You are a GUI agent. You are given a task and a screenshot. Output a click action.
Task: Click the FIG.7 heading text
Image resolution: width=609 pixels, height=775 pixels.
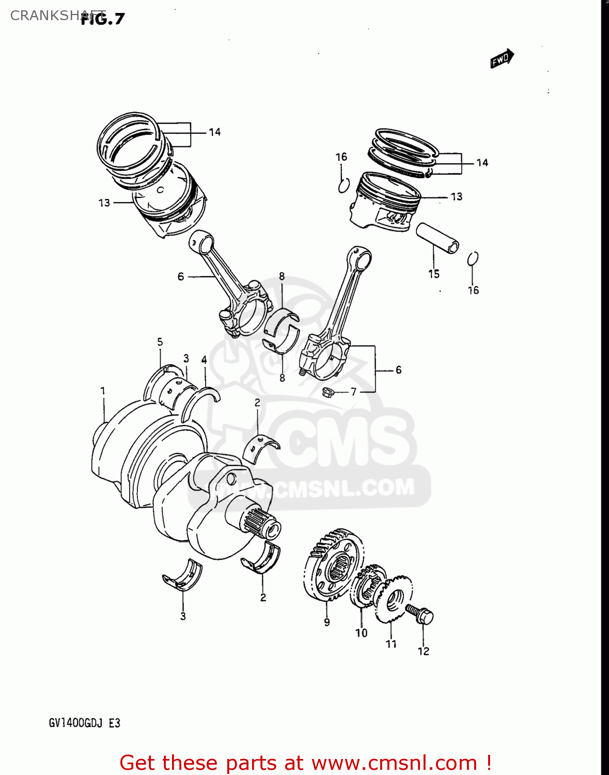pos(103,19)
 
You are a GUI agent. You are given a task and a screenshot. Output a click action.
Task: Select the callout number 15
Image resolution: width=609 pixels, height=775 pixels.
pos(434,274)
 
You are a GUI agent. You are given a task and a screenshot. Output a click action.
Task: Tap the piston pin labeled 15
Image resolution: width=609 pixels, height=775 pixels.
pos(438,237)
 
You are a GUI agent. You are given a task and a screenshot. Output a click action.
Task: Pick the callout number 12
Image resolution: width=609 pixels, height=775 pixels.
pos(424,652)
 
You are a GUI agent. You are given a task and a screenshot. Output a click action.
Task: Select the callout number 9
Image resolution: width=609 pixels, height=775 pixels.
pos(327,623)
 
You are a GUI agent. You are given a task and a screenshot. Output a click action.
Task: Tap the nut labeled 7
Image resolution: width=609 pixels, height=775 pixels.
pos(326,393)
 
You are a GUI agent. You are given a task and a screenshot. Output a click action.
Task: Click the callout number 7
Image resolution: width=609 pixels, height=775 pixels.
pos(354,392)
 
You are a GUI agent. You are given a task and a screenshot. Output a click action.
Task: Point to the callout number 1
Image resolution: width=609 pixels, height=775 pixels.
pos(103,391)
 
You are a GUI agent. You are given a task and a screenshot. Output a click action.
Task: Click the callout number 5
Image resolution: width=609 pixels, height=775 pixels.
pos(160,342)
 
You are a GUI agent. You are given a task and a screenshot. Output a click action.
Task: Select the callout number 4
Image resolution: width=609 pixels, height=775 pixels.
pos(204,360)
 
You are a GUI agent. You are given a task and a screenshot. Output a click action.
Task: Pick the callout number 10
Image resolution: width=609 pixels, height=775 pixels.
pos(362,633)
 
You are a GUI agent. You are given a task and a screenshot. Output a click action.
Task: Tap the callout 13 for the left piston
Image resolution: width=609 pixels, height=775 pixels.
pos(104,203)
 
